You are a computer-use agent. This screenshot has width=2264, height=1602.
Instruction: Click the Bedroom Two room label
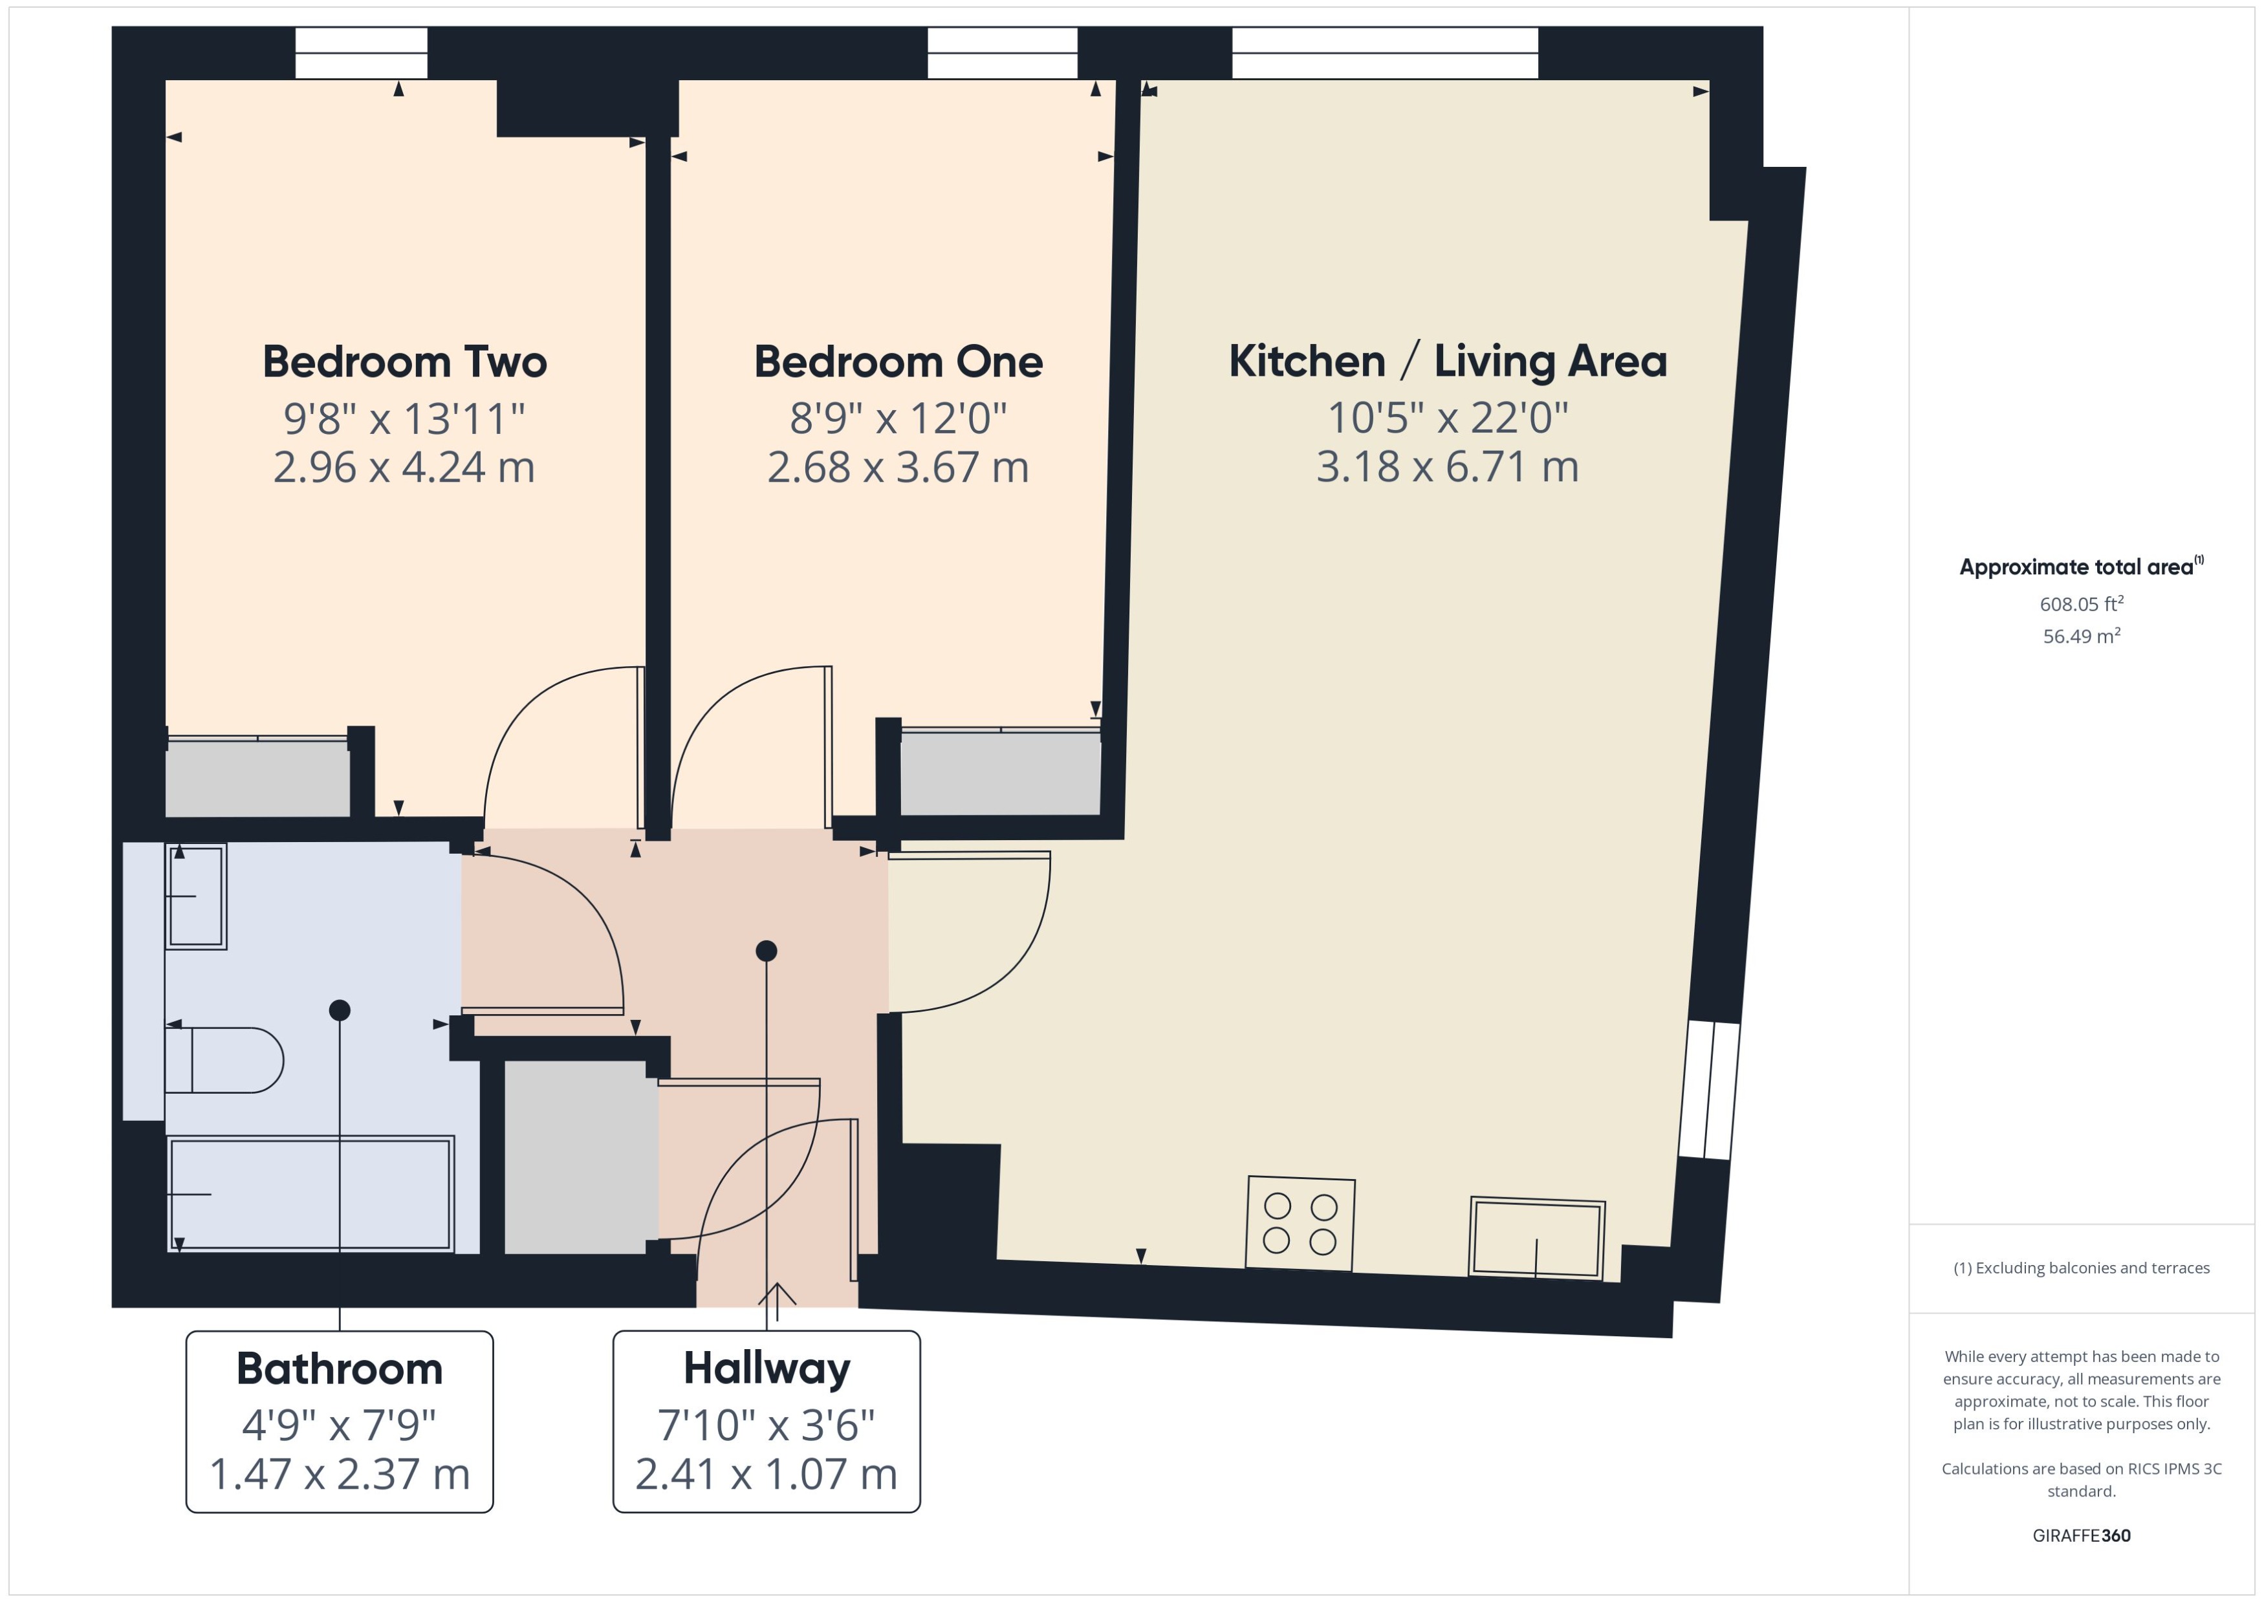404,362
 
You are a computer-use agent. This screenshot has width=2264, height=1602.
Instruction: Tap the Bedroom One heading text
898,362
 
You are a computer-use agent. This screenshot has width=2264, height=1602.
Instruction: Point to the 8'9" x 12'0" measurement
898,418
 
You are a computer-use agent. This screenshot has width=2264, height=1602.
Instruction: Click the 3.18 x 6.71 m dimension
1447,466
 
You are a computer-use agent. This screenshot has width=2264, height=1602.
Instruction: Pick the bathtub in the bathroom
310,1194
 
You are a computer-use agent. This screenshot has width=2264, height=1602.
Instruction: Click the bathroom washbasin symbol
196,896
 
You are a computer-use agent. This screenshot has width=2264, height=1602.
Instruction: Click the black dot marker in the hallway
767,951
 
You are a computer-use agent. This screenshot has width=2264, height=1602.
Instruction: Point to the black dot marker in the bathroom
340,1010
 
